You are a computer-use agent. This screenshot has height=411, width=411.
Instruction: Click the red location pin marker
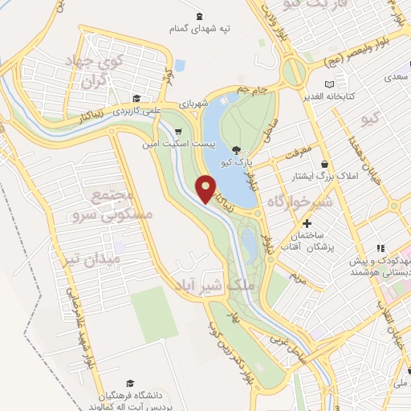coord(206,189)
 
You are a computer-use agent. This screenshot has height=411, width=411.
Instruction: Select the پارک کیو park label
coord(238,163)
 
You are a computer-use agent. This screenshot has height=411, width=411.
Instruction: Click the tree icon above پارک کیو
coord(235,150)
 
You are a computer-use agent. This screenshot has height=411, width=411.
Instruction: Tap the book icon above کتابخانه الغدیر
coord(329,84)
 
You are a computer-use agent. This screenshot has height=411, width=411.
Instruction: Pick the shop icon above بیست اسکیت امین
coord(178,132)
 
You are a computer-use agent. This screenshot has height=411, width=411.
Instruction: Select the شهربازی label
coord(216,104)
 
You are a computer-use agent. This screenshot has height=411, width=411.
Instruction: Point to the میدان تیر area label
coord(94,260)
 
